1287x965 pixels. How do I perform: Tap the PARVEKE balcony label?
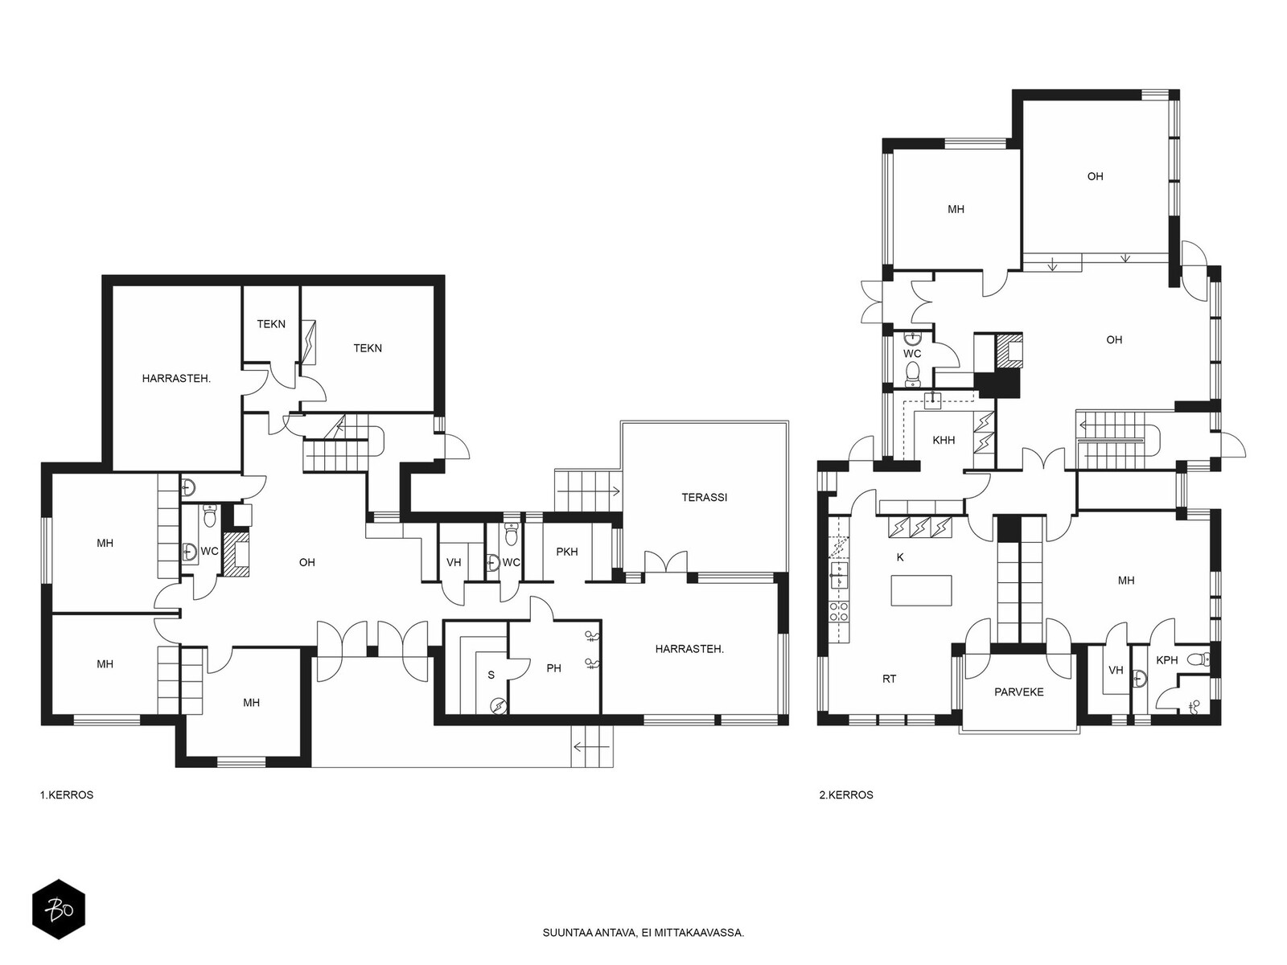coord(1018,692)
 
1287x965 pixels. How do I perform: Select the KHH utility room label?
coord(944,440)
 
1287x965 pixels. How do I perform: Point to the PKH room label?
coord(566,552)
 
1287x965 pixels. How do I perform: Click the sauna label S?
coord(491,675)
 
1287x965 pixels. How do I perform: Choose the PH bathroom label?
coord(553,668)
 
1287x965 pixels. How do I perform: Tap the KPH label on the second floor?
coord(1166,659)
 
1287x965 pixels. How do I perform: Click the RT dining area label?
coord(889,679)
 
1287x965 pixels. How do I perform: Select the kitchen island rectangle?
coord(921,590)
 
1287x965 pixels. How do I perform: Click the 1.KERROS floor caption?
coord(66,795)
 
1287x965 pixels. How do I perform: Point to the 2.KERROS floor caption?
coord(846,795)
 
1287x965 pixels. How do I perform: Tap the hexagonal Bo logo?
coord(59,910)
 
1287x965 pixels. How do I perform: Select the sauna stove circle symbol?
coord(497,707)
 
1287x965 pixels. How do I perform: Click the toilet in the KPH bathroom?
coord(1199,659)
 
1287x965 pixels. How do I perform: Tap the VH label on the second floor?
coord(1116,670)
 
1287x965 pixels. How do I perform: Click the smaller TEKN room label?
coord(271,324)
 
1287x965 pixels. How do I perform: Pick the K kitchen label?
coord(900,557)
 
